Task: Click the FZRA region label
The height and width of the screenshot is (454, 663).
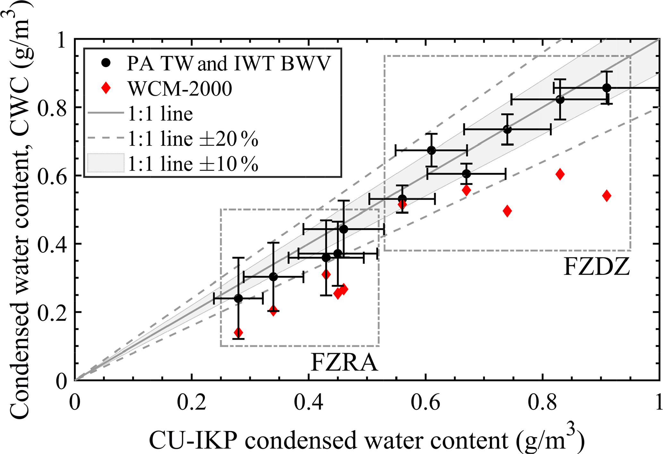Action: coord(344,363)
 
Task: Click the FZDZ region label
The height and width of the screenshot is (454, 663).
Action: coord(597,267)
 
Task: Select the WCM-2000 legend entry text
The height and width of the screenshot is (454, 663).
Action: coord(180,88)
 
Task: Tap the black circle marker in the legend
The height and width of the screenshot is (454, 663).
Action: coord(106,63)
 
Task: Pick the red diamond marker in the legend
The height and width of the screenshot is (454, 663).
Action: coord(106,88)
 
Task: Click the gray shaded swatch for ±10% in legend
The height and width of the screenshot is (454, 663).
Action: coord(106,163)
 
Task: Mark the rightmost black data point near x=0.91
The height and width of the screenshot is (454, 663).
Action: coord(607,88)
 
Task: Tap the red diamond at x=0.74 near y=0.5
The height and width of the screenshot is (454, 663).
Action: coord(507,211)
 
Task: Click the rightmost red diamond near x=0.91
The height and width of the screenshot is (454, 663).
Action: coord(607,196)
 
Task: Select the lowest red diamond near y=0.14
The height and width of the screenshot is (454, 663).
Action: coord(238,332)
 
